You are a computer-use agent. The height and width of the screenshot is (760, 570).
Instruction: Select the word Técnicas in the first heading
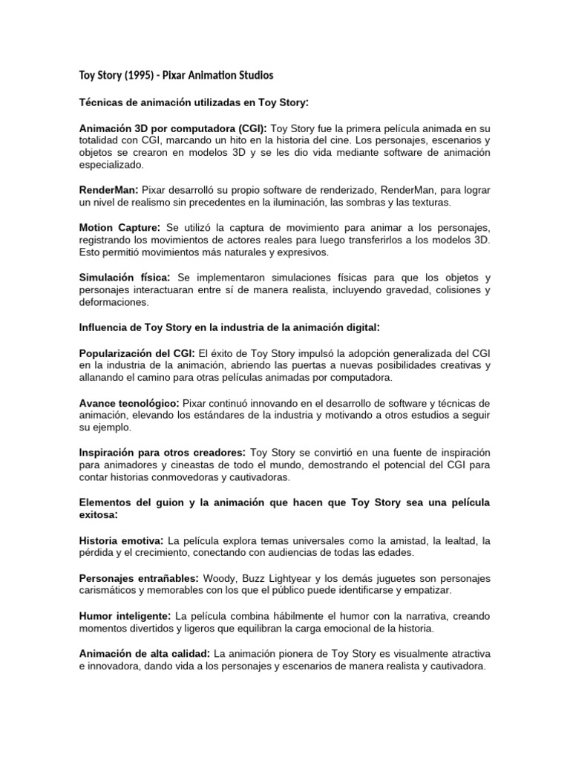tap(101, 101)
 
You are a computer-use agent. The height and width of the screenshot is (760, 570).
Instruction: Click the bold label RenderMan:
tap(109, 189)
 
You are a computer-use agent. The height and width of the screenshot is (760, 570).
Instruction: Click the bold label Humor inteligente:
tap(125, 616)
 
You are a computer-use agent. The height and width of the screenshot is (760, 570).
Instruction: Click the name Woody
tap(237, 577)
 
